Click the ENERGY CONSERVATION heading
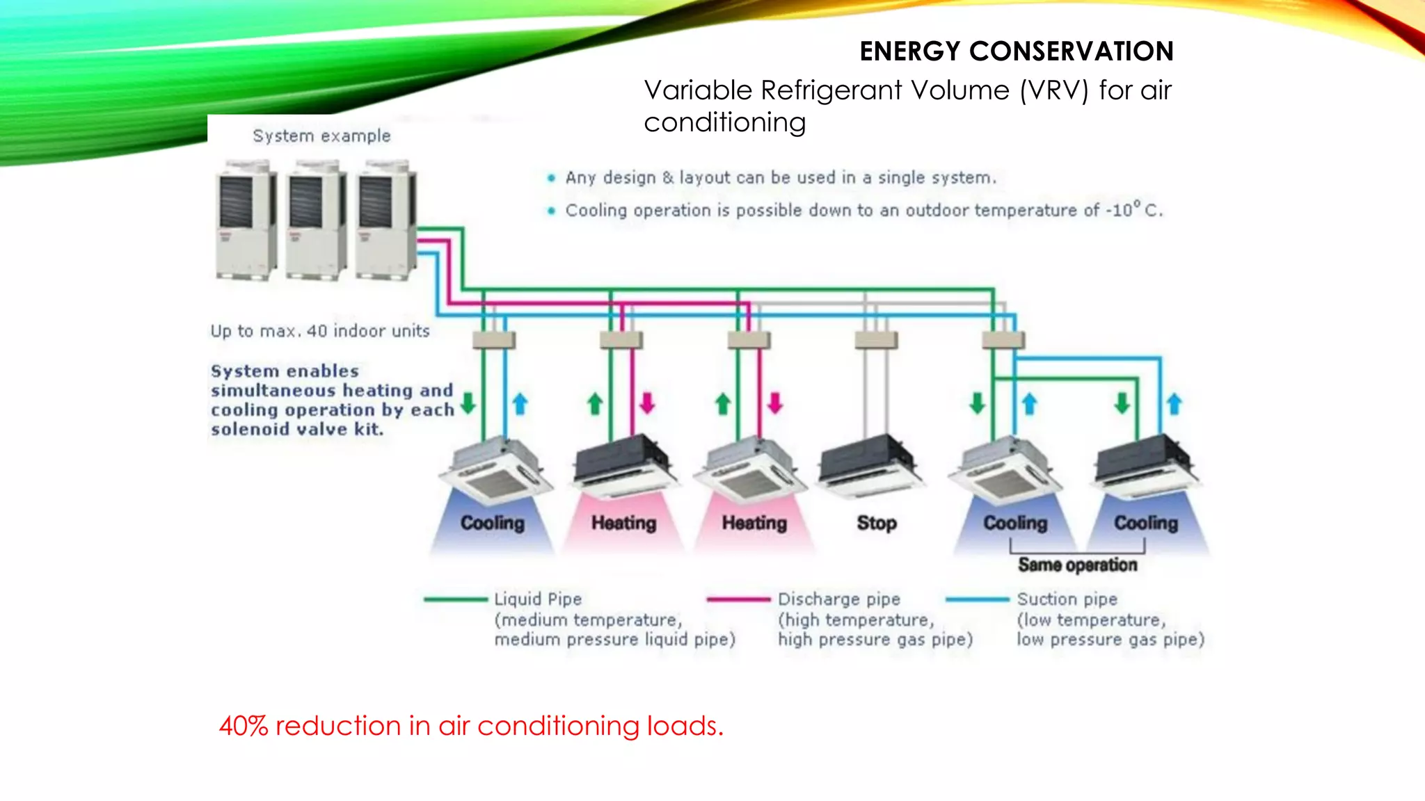point(1016,51)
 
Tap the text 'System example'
point(321,136)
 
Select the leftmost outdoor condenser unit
point(245,219)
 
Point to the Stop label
point(876,523)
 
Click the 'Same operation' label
point(1077,565)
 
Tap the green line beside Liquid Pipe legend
point(456,599)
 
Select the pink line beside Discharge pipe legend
point(738,599)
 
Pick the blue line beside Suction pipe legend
point(977,599)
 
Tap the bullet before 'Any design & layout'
point(551,178)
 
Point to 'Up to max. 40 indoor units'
point(320,331)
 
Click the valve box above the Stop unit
point(876,340)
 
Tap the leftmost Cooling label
point(492,523)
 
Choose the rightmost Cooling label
point(1145,523)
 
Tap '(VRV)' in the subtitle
point(1053,90)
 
